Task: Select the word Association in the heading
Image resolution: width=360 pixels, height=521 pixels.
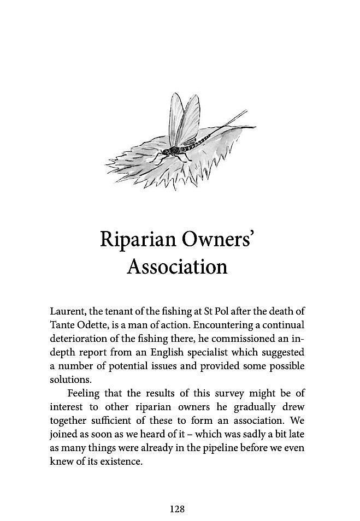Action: coord(177,267)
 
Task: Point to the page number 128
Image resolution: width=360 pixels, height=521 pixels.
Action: coord(177,509)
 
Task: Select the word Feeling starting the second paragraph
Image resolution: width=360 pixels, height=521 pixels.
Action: coord(84,393)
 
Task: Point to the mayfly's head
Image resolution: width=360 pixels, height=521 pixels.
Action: coord(168,150)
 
